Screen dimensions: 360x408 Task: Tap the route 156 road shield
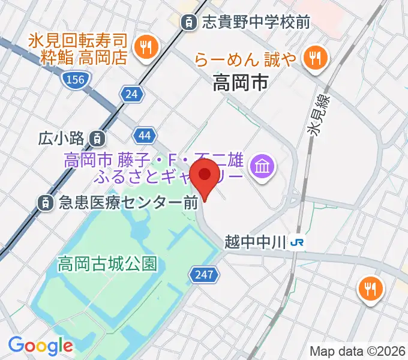pyautogui.click(x=76, y=79)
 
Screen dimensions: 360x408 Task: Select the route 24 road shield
pyautogui.click(x=131, y=93)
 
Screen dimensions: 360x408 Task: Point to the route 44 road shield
pyautogui.click(x=145, y=136)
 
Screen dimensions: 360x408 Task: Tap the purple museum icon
pyautogui.click(x=262, y=164)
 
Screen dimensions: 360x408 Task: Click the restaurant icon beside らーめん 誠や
pyautogui.click(x=314, y=58)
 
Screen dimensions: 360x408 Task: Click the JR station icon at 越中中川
pyautogui.click(x=296, y=242)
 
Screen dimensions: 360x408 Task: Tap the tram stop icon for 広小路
pyautogui.click(x=97, y=139)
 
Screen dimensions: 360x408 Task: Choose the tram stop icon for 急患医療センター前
pyautogui.click(x=45, y=203)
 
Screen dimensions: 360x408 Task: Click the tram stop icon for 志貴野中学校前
pyautogui.click(x=189, y=23)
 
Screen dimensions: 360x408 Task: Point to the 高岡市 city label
pyautogui.click(x=240, y=83)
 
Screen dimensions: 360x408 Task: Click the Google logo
pyautogui.click(x=40, y=346)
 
